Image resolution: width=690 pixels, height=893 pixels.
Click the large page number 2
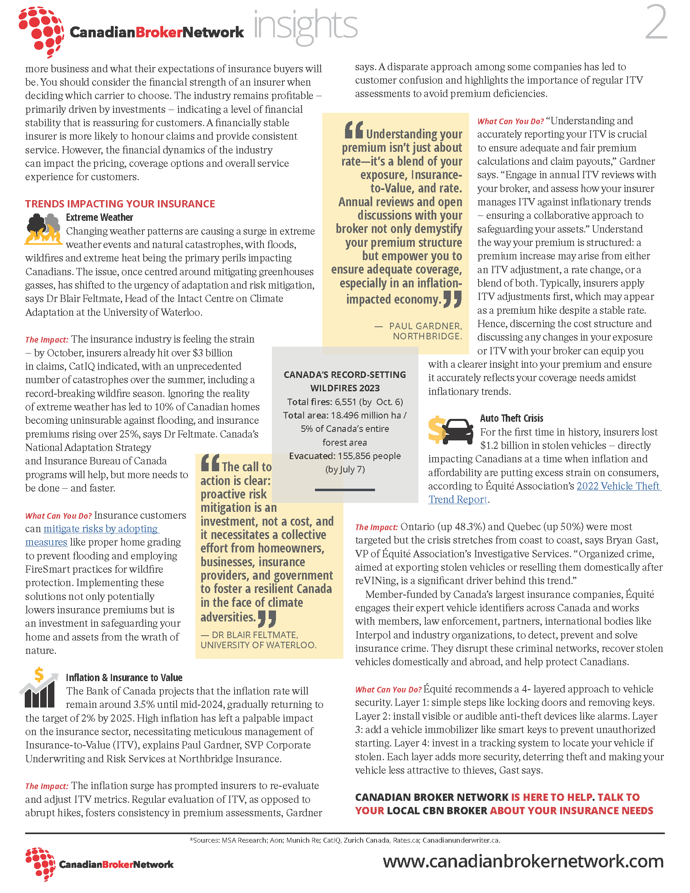click(655, 24)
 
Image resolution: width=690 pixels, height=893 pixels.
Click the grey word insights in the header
click(305, 25)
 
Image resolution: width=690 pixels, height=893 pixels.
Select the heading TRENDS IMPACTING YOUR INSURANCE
click(120, 204)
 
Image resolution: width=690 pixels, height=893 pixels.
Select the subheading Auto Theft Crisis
click(511, 418)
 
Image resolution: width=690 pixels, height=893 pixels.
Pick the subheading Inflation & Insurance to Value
click(124, 677)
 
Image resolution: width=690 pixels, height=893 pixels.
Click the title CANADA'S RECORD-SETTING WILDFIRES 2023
click(345, 381)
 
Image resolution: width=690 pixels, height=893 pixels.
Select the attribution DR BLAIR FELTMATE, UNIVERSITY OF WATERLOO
click(258, 640)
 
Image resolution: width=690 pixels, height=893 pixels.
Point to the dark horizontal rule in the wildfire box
click(345, 490)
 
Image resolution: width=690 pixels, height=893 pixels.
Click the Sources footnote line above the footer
click(345, 840)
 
